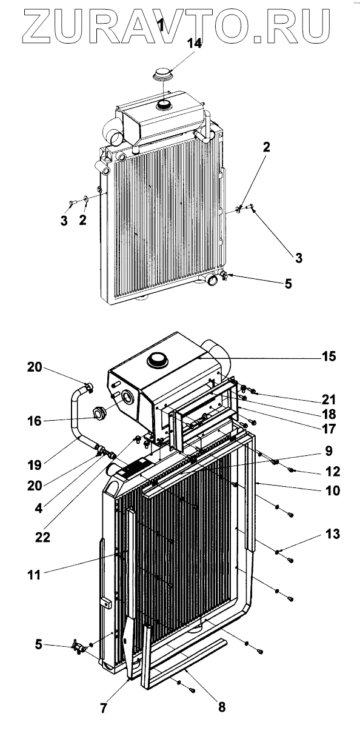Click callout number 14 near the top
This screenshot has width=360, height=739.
(195, 44)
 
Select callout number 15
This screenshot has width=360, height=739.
(328, 356)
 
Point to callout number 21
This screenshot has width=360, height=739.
(328, 400)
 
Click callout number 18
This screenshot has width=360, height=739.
(328, 414)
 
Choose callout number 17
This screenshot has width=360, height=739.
(328, 429)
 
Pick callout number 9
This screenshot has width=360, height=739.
(328, 451)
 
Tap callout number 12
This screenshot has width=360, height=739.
(332, 472)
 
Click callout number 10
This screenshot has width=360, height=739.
(332, 490)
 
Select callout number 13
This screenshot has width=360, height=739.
(332, 533)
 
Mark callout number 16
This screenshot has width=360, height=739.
(35, 421)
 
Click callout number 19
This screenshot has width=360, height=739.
(35, 466)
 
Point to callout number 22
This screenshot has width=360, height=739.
(43, 537)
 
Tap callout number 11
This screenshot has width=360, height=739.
(34, 575)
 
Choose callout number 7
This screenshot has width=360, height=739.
(104, 708)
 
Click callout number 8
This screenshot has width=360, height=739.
(222, 707)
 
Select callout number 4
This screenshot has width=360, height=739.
(39, 509)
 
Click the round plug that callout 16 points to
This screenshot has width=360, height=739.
(99, 412)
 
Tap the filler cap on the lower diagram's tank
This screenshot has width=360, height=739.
(157, 359)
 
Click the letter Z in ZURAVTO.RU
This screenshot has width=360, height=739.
(37, 27)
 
